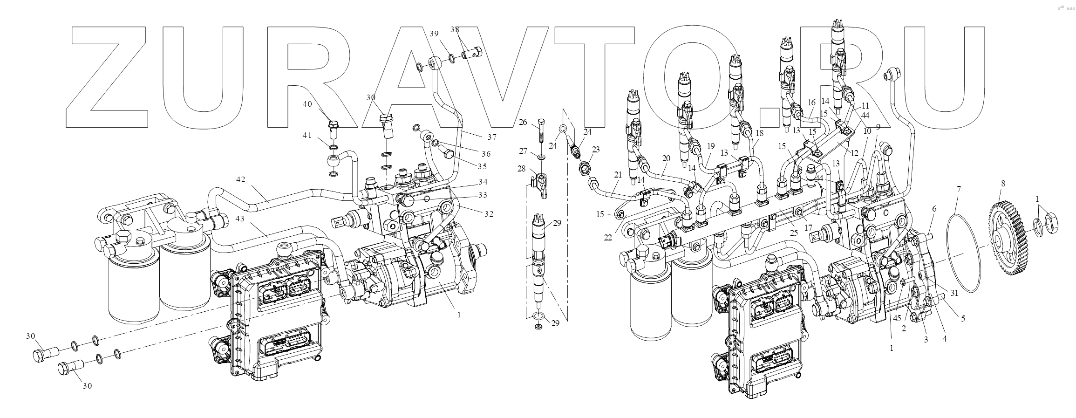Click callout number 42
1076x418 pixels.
240,179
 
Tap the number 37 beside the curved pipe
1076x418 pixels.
492,137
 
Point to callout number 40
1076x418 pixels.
307,104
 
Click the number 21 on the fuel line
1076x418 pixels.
618,175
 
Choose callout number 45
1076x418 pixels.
897,318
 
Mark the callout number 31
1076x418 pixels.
954,293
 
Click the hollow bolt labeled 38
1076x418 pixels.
471,55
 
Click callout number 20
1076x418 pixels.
666,158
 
